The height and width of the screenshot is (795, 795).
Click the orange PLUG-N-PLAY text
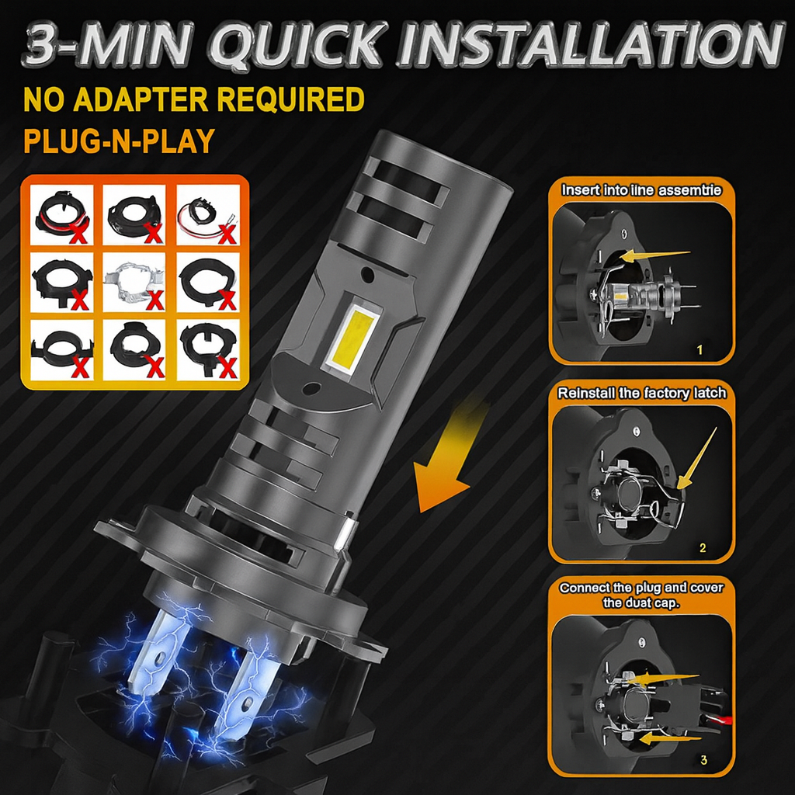120,141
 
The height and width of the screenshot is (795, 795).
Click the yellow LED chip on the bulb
352,335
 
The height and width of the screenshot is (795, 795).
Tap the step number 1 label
700,350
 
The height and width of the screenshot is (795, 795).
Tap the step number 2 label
702,548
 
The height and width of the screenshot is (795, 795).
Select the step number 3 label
703,760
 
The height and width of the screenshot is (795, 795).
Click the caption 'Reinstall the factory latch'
641,394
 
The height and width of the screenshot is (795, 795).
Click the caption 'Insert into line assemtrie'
641,191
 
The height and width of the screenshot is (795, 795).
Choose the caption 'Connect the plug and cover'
641,588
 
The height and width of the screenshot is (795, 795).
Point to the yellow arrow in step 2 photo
697,459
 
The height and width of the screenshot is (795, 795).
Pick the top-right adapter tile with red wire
207,215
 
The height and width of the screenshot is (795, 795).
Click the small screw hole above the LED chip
367,276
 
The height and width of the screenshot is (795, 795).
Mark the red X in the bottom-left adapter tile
81,366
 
